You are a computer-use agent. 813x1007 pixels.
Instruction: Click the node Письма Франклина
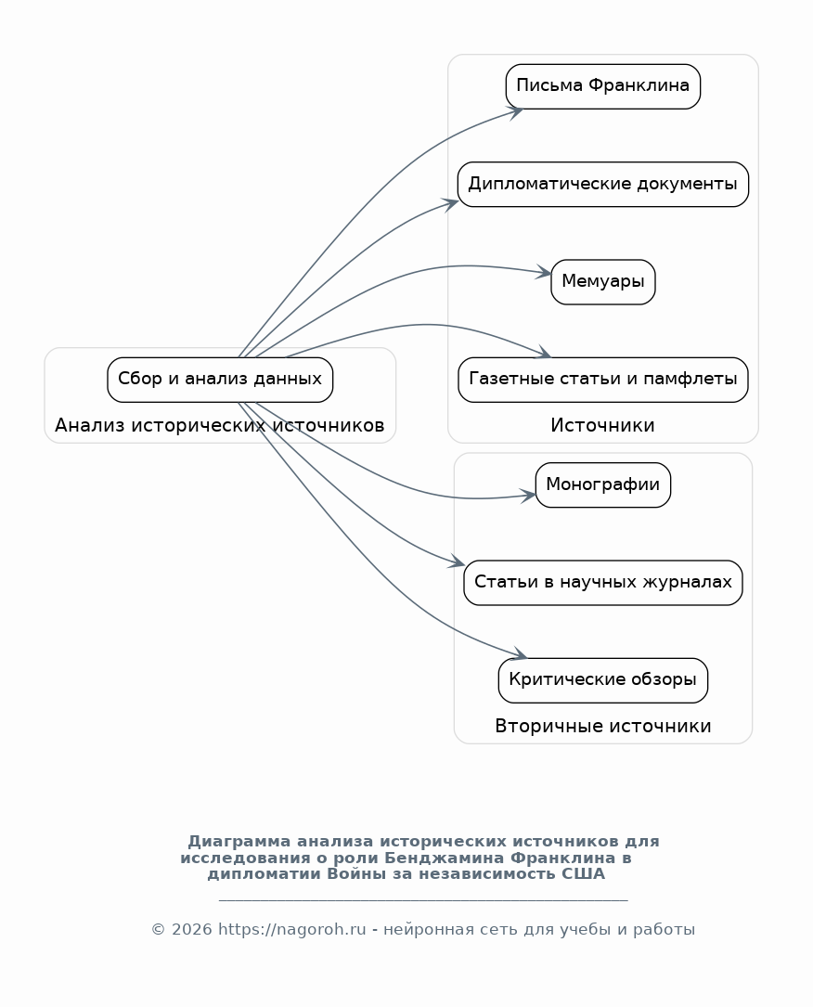pos(603,86)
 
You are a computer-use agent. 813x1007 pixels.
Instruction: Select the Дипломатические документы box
pos(603,185)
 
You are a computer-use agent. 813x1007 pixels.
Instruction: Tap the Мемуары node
pos(603,282)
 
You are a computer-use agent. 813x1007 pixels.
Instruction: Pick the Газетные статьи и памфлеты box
pos(603,380)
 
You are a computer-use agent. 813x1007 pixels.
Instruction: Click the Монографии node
pos(603,484)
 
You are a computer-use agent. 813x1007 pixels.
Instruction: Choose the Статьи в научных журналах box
pos(603,583)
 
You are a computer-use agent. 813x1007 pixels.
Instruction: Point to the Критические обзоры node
pos(603,680)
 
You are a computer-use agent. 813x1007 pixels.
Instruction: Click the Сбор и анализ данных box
pos(220,380)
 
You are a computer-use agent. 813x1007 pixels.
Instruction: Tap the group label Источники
pos(602,425)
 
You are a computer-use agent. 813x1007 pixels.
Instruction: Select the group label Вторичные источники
pos(603,726)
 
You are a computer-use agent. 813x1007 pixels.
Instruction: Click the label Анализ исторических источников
pos(220,425)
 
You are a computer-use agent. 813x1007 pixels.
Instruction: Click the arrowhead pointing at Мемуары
pos(545,273)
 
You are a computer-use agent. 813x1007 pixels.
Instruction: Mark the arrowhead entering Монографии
pos(528,496)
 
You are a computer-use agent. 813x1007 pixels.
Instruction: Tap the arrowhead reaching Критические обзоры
pos(520,654)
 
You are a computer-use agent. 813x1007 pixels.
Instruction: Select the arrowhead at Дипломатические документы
pos(451,203)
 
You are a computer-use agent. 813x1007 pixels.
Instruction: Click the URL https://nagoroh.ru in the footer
pos(292,929)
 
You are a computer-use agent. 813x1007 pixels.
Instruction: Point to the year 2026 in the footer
pos(191,929)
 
